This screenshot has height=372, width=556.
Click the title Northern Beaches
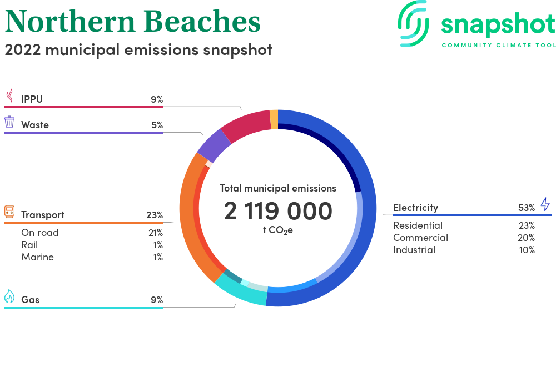pyautogui.click(x=133, y=21)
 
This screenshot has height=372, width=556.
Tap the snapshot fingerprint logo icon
pyautogui.click(x=413, y=23)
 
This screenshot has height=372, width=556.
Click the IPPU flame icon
pyautogui.click(x=10, y=95)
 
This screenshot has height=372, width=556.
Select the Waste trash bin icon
pyautogui.click(x=9, y=122)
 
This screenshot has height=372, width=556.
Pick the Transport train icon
pyautogui.click(x=9, y=212)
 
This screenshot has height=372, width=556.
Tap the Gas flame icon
pyautogui.click(x=9, y=296)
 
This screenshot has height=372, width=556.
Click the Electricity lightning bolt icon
pyautogui.click(x=545, y=204)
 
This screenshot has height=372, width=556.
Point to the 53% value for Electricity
pyautogui.click(x=527, y=208)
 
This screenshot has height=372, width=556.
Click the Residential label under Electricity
pyautogui.click(x=418, y=225)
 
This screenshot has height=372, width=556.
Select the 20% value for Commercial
pyautogui.click(x=527, y=238)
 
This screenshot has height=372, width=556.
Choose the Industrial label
pyautogui.click(x=414, y=250)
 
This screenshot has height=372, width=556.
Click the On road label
pyautogui.click(x=40, y=233)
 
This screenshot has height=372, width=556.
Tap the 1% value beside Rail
pyautogui.click(x=158, y=245)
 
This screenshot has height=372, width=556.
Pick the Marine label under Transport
pyautogui.click(x=38, y=257)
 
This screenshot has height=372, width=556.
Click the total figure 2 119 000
pyautogui.click(x=278, y=211)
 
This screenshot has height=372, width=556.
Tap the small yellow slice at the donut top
pyautogui.click(x=274, y=119)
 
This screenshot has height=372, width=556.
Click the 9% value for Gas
pyautogui.click(x=157, y=300)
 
